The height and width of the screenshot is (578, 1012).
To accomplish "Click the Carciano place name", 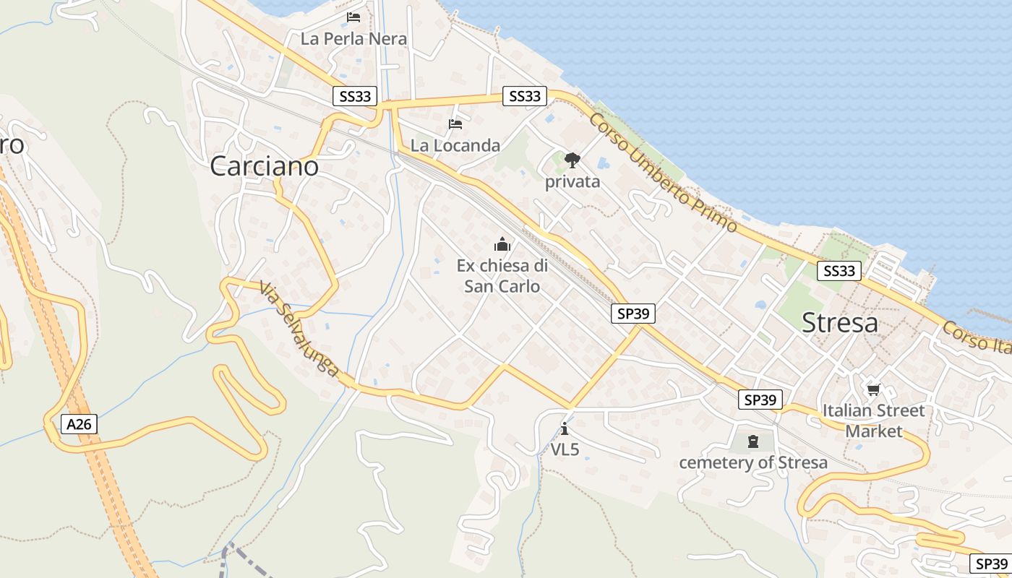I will pos(264,167).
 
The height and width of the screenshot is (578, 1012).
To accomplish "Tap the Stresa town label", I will pos(840,323).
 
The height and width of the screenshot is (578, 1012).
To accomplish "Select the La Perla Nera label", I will pos(353,39).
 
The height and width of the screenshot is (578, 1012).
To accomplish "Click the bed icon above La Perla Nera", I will pos(353,17).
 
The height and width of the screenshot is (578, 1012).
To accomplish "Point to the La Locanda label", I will pos(455,145).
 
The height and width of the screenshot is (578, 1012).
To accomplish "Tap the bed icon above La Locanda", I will pos(455,124).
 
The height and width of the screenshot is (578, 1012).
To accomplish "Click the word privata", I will pos(573,181).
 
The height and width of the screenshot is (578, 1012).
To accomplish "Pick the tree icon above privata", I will pos(573,160).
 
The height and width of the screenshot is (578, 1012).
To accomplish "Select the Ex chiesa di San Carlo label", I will pos(502,276).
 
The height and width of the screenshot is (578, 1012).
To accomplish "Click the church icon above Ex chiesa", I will pos(502,244).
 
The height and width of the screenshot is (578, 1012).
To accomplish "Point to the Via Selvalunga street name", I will pos(299,329).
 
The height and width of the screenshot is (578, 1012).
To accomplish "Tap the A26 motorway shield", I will pos(79,424).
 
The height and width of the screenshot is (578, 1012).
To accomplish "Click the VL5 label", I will pos(565,449).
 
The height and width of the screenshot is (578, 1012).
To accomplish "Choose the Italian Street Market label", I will pos(874,421).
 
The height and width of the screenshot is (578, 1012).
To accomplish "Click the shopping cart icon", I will pos(874,390).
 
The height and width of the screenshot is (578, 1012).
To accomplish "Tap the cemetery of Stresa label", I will pos(753,462).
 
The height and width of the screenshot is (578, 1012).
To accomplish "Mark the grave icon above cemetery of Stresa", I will pos(753,441).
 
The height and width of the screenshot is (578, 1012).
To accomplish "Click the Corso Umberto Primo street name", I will pos(663,172).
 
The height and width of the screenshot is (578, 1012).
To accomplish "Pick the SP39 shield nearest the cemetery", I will pos(760,400).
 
